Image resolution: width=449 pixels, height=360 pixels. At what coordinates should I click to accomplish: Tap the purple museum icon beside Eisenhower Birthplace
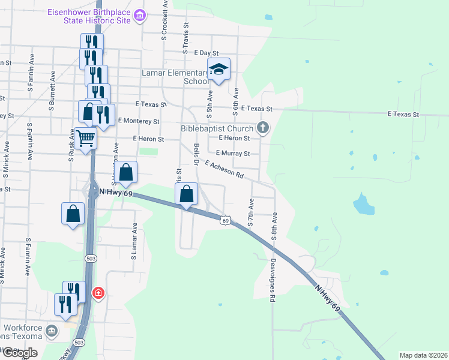(140, 15)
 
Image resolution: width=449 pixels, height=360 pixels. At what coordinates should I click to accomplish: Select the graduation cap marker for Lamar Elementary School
(219, 70)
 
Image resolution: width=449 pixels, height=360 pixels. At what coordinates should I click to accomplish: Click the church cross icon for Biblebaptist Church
(262, 127)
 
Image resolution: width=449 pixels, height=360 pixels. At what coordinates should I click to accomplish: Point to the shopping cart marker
(86, 138)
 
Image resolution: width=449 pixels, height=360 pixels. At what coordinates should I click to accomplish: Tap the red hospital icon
(97, 293)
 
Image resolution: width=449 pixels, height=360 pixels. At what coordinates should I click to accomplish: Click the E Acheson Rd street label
(224, 169)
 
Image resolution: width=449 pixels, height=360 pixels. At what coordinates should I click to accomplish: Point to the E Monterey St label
(139, 121)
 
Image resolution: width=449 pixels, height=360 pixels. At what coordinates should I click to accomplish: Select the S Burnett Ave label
(53, 89)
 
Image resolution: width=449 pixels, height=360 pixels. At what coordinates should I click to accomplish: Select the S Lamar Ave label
(134, 241)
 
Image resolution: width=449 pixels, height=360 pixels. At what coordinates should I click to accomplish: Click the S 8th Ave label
(274, 226)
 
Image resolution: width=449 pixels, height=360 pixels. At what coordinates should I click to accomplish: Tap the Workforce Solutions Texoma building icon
(52, 330)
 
